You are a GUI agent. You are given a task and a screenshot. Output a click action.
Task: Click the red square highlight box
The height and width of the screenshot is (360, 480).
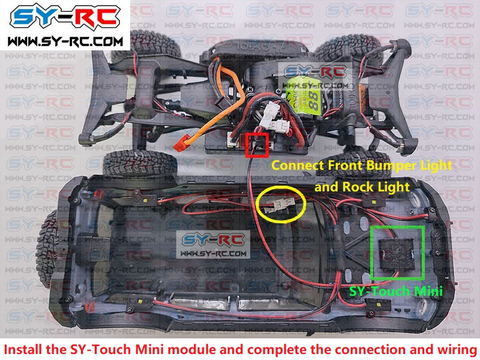pyautogui.click(x=257, y=145)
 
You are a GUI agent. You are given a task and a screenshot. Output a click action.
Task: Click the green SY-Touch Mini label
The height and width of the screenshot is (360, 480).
pyautogui.click(x=397, y=292)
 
